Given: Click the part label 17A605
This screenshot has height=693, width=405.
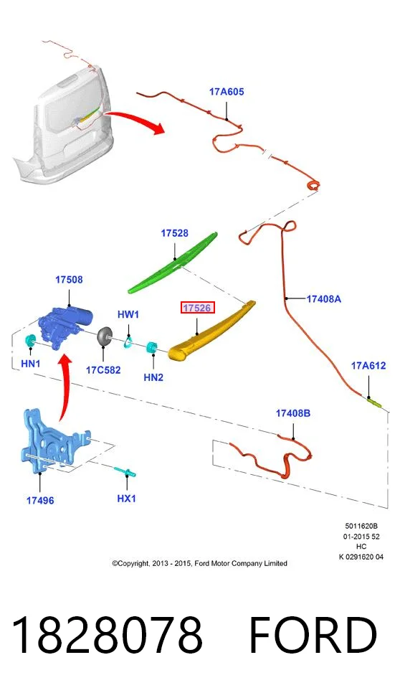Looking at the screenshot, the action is pos(226,92).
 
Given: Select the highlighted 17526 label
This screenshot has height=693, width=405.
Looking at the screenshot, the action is pos(197,308).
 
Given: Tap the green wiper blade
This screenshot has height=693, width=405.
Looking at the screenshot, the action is pos(173,263).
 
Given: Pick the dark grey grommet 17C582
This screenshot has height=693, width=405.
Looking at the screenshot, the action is pos(105,336).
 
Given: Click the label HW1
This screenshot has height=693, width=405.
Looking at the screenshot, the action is pos(128,315).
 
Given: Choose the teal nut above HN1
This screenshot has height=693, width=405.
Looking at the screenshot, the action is pos(31,341).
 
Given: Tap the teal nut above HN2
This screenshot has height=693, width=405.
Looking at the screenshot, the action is pos(153,348).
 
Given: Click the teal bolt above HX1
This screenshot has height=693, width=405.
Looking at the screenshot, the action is pos(125,472).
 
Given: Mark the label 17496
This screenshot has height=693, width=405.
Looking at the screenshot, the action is pos(40,500).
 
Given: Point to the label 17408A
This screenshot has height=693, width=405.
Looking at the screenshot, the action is pos(324,299).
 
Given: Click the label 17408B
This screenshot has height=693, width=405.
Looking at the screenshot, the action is pos(293,413).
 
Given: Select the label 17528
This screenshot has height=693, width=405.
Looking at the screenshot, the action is pos(174,233).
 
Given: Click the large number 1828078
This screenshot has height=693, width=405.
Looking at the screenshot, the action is pos(106,635).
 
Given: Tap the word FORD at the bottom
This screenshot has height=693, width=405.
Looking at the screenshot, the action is pos(313,635).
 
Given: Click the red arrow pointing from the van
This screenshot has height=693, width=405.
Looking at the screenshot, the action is pos(135,121).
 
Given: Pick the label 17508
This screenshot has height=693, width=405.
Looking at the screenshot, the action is pos(69,279).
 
